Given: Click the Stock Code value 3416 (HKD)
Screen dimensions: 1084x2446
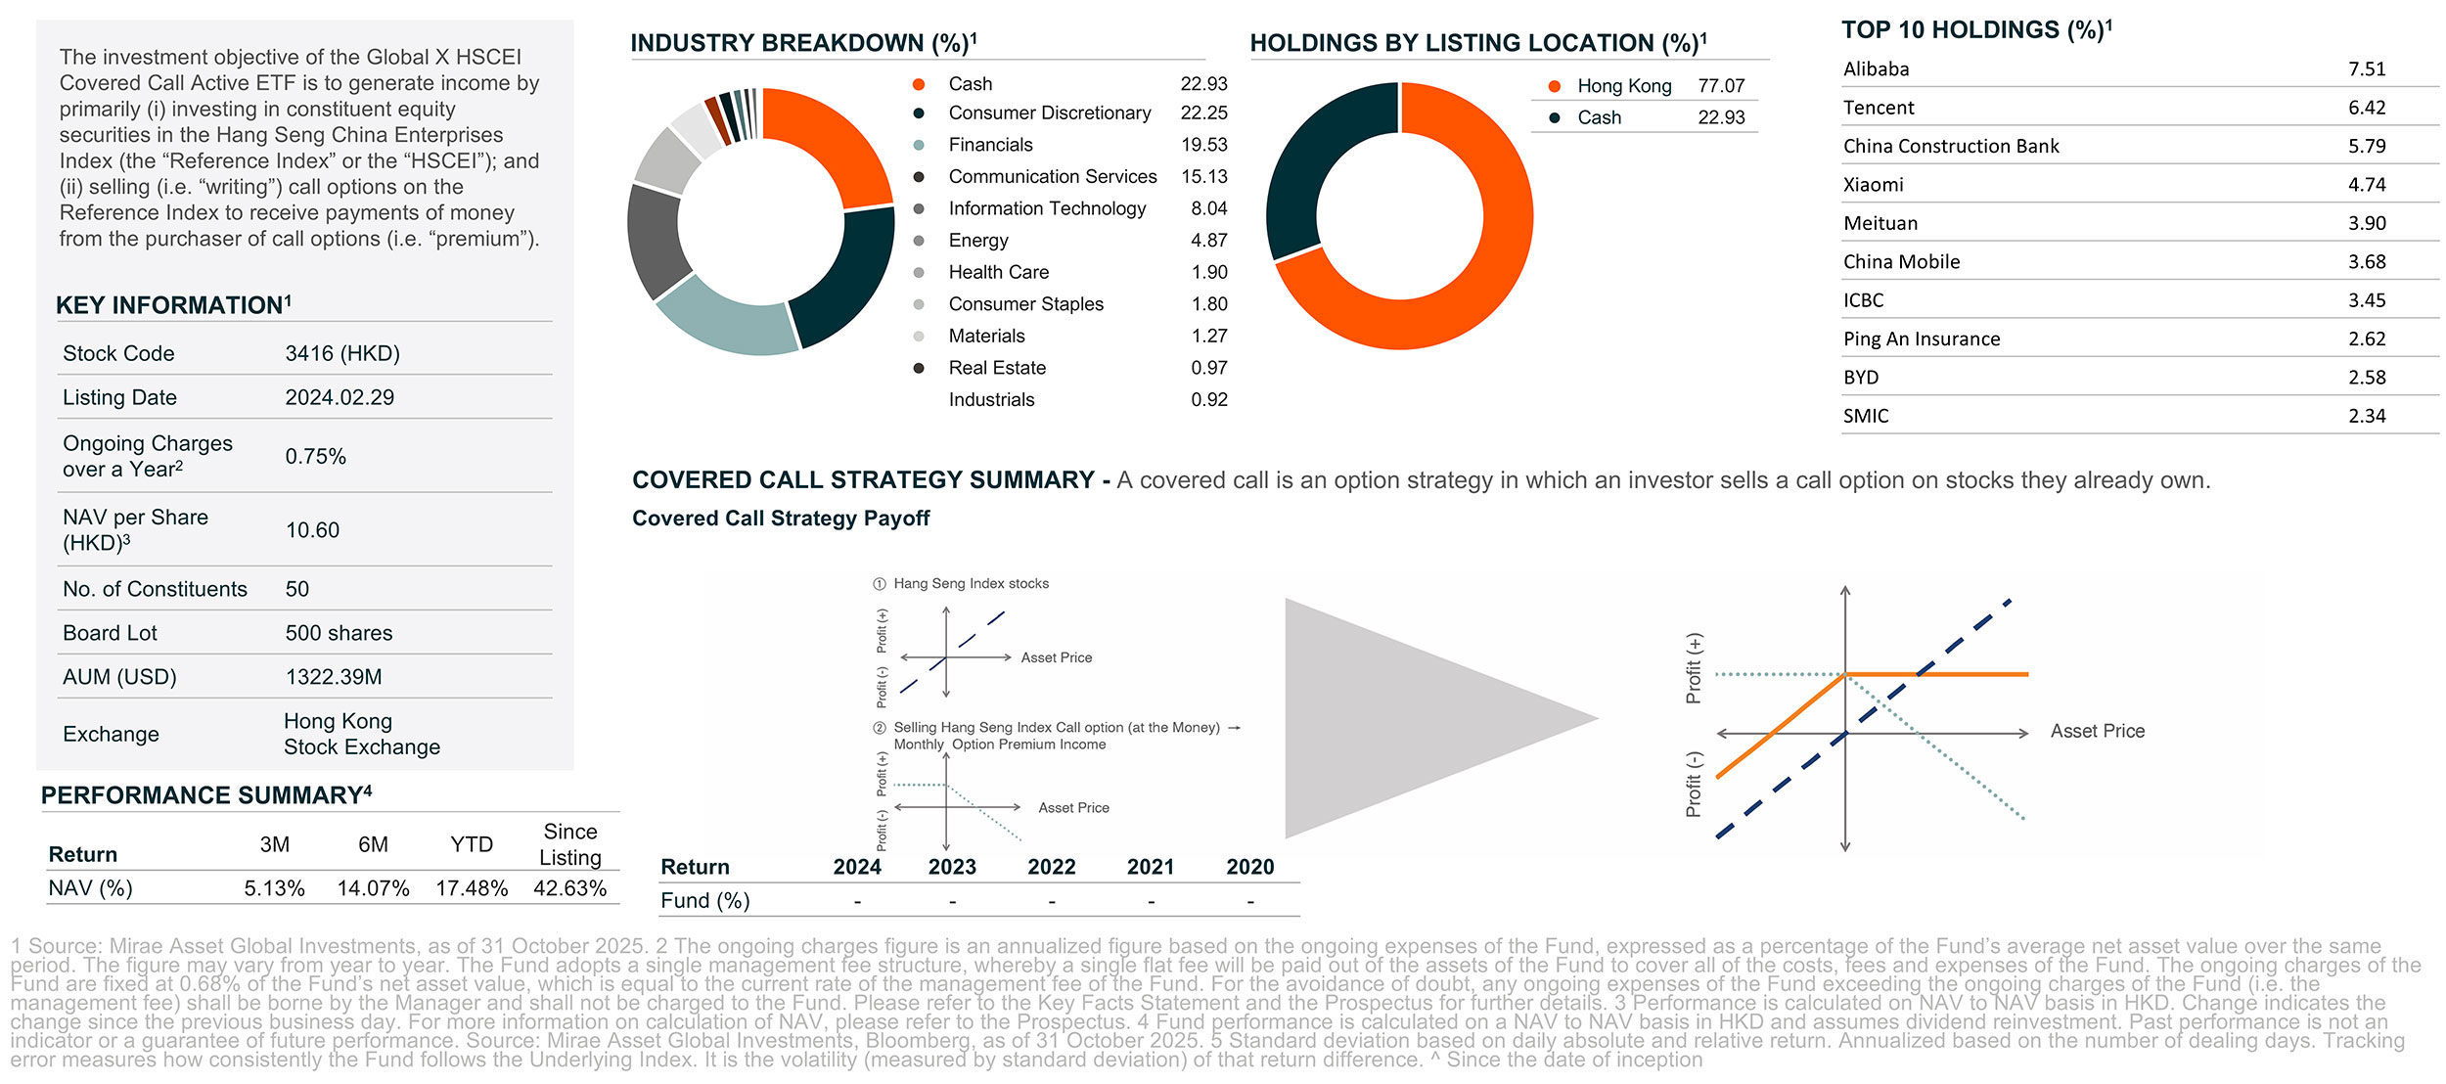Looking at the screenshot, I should click(x=342, y=353).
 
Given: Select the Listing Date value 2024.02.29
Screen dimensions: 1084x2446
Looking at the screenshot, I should click(x=340, y=397).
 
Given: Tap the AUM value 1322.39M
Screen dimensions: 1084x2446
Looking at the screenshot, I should click(x=334, y=677).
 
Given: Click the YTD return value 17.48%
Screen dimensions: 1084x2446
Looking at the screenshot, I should click(x=472, y=888).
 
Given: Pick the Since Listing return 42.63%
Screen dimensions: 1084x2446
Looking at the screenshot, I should click(x=569, y=888).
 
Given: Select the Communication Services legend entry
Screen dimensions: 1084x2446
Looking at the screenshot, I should click(x=1052, y=177).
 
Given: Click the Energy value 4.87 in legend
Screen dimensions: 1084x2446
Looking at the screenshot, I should click(x=1208, y=241).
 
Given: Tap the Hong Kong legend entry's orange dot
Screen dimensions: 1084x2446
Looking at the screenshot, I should click(x=1554, y=86).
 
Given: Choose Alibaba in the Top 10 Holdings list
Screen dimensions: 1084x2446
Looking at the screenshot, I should click(x=1876, y=69).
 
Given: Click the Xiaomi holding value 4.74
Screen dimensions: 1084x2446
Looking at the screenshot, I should click(x=2366, y=185).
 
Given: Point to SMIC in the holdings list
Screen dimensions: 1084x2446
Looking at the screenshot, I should click(x=1866, y=416).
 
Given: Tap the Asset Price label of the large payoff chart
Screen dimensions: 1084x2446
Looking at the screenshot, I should click(x=2097, y=731).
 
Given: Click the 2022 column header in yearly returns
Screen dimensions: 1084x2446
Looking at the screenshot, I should click(x=1051, y=867).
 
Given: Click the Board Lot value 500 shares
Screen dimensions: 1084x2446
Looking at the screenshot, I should click(x=339, y=633).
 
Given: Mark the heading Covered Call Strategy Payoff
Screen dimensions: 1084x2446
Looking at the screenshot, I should click(x=780, y=519).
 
